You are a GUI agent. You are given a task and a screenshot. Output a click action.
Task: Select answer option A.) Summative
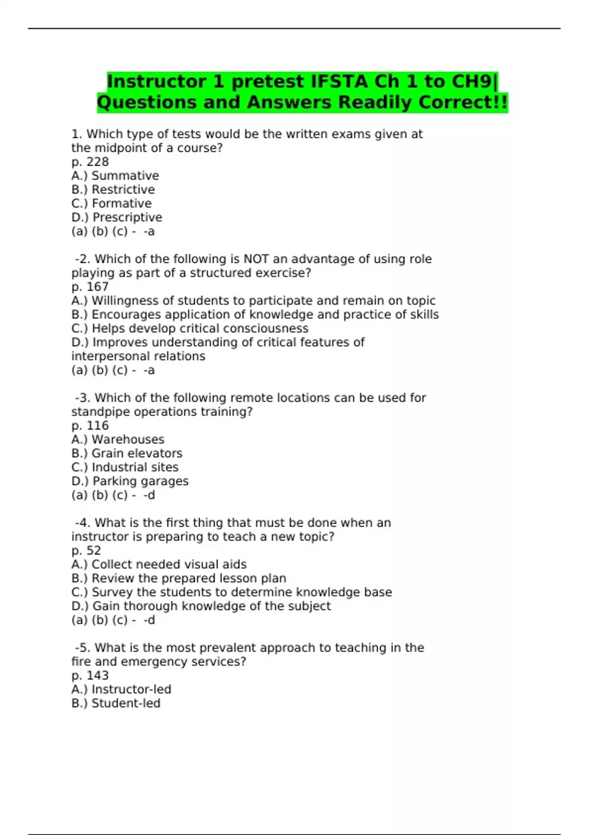115,176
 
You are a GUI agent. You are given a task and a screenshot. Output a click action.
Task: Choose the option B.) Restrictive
113,190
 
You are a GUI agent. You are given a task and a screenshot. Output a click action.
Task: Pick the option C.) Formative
111,203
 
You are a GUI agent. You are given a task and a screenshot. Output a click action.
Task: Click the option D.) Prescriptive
117,217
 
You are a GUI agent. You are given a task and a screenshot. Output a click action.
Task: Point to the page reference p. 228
90,162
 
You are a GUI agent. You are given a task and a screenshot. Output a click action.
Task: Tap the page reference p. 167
90,287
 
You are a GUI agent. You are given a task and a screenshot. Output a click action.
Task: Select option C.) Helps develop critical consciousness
190,328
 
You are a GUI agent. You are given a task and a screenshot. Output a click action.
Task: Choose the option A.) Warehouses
118,440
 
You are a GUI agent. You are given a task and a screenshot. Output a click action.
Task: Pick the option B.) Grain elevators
127,453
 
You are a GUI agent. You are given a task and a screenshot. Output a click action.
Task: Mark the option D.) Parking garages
130,481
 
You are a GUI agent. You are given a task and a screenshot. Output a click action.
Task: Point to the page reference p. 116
90,426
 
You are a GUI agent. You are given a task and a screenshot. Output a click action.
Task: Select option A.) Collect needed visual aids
159,564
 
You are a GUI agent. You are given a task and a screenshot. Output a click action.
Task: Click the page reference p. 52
86,551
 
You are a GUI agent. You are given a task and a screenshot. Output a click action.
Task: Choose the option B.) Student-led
116,703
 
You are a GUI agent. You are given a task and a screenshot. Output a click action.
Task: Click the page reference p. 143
90,675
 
